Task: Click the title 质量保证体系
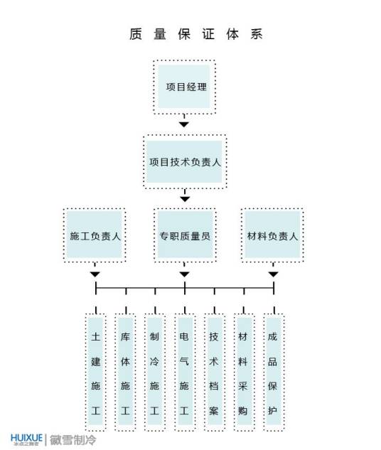pos(190,34)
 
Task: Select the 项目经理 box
pos(185,87)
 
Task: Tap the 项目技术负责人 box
pos(185,161)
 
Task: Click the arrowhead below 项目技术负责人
pos(185,198)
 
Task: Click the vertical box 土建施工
pos(95,372)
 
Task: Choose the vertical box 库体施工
pos(125,372)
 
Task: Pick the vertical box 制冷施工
pos(154,372)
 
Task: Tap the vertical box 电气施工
pos(184,372)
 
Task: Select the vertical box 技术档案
pos(213,372)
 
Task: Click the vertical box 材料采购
pos(243,372)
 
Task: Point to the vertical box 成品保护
pos(273,372)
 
